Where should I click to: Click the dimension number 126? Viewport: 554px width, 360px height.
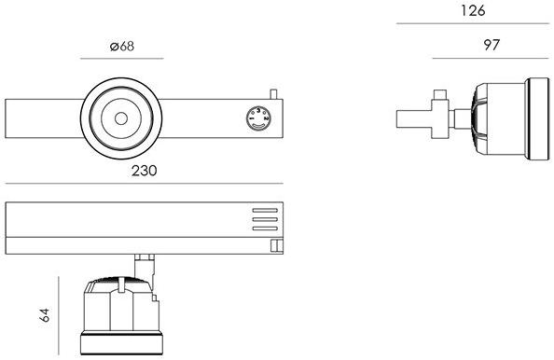(473, 10)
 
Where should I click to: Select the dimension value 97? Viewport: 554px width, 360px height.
(492, 45)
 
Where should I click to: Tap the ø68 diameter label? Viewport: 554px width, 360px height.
(122, 47)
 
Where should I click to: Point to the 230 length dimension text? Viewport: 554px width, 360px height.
(145, 171)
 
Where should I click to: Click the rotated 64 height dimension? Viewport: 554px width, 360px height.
(45, 315)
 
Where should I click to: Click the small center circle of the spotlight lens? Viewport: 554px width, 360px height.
(121, 118)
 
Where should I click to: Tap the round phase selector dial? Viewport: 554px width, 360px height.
(258, 118)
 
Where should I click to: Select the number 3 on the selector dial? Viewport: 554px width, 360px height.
(258, 111)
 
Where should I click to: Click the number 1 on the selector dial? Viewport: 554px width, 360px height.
(252, 118)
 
